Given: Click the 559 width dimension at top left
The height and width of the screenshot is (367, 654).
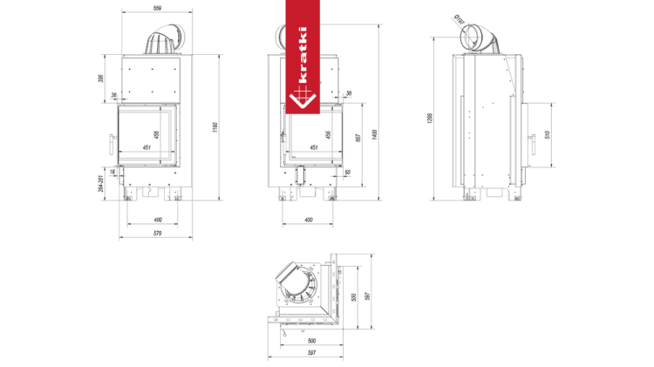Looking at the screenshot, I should (x=156, y=9).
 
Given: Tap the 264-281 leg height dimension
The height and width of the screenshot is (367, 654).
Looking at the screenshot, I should (x=101, y=185).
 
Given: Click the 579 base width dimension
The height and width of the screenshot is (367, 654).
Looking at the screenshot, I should (x=157, y=234).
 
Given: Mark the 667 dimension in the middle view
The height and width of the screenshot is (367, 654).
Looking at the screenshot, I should (x=358, y=137).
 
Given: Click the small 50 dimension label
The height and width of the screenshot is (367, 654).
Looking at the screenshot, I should (x=347, y=173).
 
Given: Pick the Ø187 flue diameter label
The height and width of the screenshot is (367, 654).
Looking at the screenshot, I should (x=460, y=18).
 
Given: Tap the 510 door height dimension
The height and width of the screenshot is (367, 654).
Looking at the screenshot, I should (x=548, y=135).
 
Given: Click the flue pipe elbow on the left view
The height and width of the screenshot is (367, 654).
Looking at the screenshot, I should (x=162, y=41).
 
